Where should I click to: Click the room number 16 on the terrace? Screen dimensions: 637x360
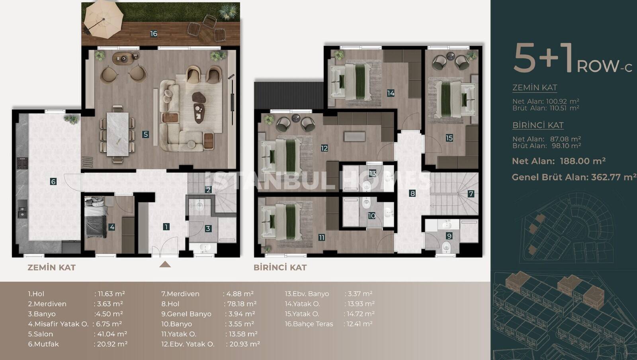[x=154, y=34]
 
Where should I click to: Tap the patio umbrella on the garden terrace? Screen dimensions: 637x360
[x=103, y=19]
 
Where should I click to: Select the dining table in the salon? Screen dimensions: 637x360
[x=117, y=134]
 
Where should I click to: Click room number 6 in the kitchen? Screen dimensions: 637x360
[x=53, y=182]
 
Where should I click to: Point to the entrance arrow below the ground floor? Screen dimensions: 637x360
[x=165, y=265]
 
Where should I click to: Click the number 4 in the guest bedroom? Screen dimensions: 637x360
[x=112, y=227]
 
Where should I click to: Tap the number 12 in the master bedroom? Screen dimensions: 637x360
[x=324, y=148]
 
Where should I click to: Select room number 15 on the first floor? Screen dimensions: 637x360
[x=449, y=138]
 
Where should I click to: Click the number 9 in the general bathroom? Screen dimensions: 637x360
[x=449, y=236]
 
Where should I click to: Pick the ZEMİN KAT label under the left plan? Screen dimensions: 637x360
[x=51, y=268]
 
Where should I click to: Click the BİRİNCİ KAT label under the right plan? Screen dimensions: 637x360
[x=280, y=268]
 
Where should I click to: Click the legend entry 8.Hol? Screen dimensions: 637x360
[x=170, y=304]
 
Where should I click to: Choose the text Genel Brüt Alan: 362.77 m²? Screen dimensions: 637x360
[x=574, y=178]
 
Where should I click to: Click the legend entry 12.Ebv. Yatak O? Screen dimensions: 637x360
[x=188, y=344]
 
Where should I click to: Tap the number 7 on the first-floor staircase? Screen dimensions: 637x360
[x=471, y=194]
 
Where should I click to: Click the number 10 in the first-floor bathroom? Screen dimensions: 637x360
[x=372, y=216]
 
